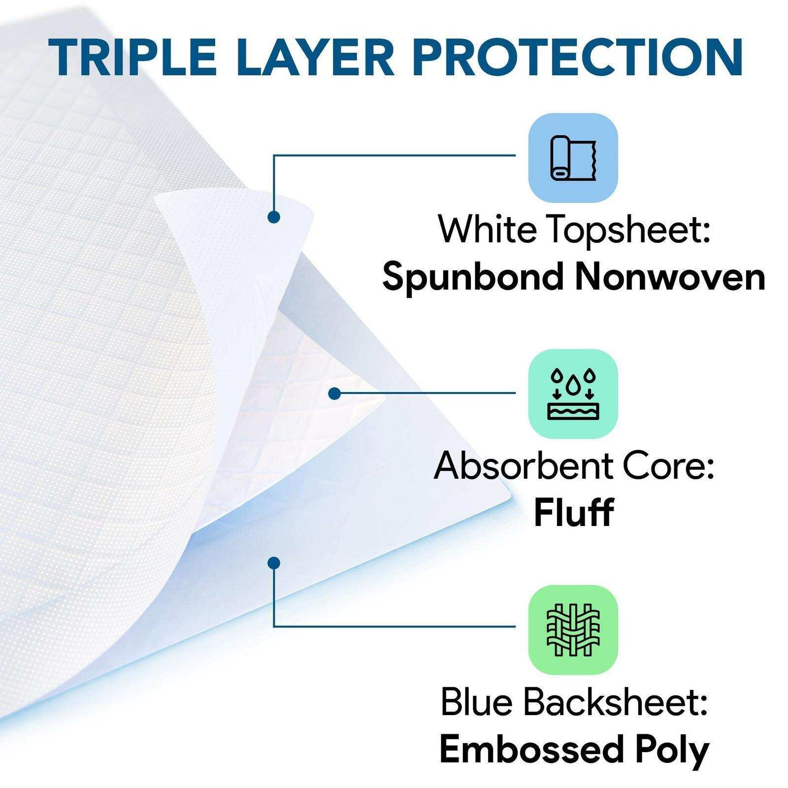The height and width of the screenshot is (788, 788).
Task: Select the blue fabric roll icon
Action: coord(573,158)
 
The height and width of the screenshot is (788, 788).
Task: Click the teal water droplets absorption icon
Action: coord(573,394)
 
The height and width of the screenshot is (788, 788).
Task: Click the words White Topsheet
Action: coord(574,230)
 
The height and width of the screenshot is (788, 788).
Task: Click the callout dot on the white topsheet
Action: coord(274,217)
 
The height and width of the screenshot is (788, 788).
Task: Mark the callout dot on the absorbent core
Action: coord(334,394)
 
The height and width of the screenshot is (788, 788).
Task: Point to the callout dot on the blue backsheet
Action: coord(274,562)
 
